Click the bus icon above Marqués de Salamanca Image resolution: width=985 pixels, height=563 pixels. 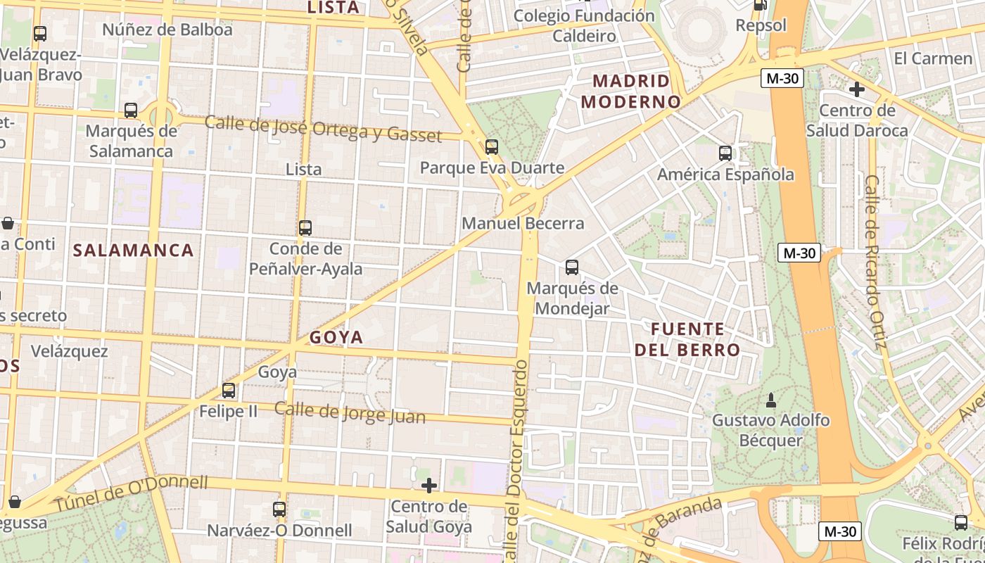131,110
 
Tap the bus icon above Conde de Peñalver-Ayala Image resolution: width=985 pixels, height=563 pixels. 305,228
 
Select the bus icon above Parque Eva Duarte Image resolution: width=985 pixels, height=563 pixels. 492,147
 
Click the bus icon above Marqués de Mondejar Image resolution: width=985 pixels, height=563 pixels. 572,267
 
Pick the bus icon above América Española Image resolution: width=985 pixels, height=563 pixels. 725,153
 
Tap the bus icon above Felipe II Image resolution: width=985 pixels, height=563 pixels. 229,391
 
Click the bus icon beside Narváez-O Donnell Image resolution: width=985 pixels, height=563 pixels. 279,510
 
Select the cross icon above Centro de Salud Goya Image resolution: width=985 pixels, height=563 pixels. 428,486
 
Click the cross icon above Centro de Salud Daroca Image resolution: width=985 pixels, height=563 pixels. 857,89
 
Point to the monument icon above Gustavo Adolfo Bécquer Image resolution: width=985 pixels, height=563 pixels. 770,400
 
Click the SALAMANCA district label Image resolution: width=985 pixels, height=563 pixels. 133,251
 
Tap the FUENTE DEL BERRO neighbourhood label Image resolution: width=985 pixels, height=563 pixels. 687,339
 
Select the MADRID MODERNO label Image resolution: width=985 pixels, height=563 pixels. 631,91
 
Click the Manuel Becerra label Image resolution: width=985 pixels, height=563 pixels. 523,224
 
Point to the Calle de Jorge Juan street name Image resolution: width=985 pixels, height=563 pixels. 350,412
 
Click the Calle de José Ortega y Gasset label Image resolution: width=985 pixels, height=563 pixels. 323,129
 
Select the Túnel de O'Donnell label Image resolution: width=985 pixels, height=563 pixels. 132,494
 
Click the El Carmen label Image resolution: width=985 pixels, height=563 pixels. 933,58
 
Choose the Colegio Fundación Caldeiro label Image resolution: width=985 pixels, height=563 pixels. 584,25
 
